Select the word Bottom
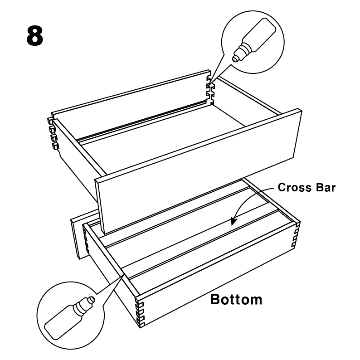236,299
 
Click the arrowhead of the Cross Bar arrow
234,221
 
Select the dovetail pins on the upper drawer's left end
52,133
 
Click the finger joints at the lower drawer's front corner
140,312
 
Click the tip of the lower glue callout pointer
125,274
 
